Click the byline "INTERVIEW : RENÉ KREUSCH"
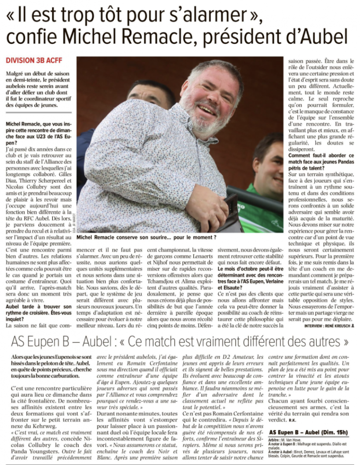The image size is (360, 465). [x=329, y=326]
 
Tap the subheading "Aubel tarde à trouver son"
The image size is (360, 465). [x=38, y=306]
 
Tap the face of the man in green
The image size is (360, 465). [x=269, y=166]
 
